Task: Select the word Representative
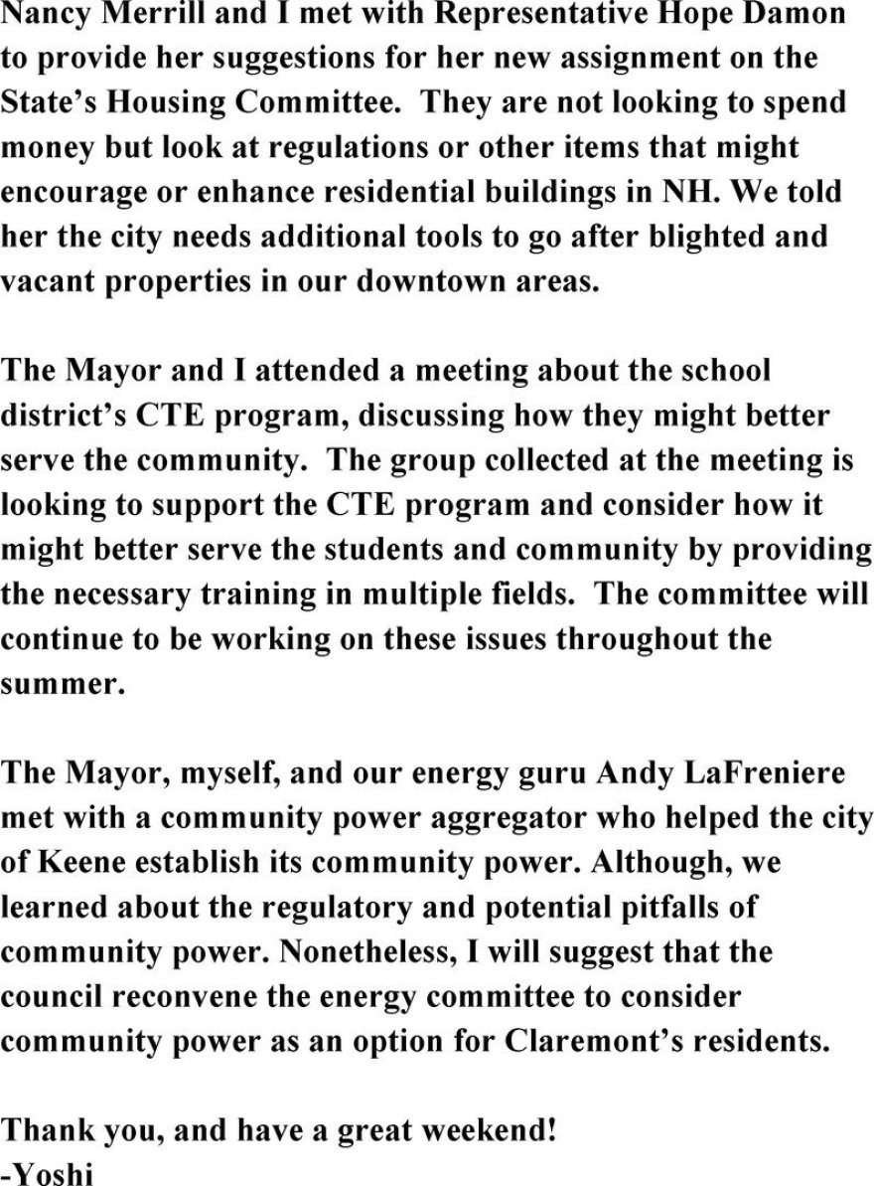coord(515,15)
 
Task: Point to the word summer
coord(63,684)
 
